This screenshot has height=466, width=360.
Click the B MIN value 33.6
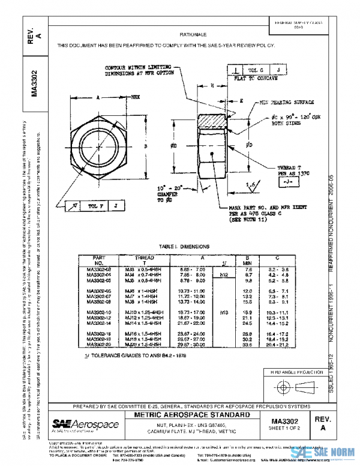coord(247,345)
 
